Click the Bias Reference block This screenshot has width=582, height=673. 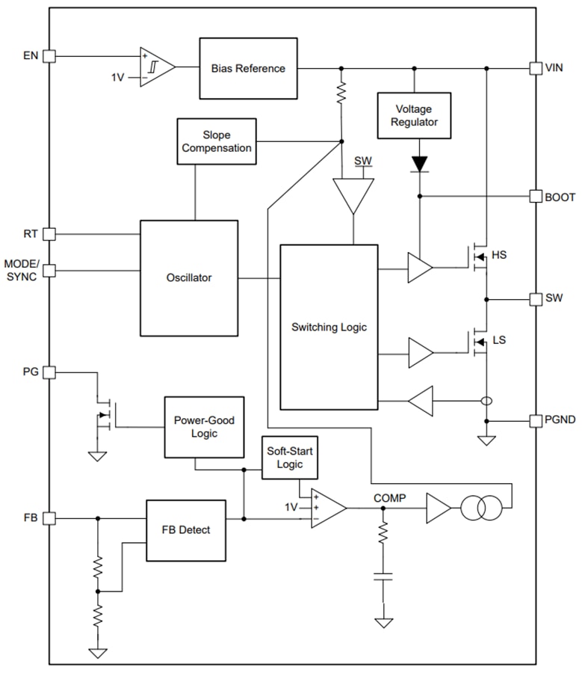(x=247, y=68)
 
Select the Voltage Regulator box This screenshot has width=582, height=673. (x=414, y=115)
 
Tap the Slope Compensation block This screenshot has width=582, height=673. (x=217, y=141)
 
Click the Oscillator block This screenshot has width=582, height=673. (x=189, y=277)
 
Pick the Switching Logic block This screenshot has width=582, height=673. (x=329, y=327)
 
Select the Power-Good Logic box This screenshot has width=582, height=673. (x=204, y=427)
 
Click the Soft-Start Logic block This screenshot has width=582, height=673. (x=290, y=458)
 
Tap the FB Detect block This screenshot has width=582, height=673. (x=185, y=529)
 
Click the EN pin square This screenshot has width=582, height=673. (x=49, y=55)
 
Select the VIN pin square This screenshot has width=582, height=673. (x=535, y=68)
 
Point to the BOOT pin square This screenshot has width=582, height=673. (x=535, y=197)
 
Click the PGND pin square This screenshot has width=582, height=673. (x=535, y=420)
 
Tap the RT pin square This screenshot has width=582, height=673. (x=49, y=234)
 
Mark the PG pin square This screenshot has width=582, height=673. (x=49, y=372)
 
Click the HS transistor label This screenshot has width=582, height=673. (x=498, y=255)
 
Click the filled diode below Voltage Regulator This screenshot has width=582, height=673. (x=420, y=163)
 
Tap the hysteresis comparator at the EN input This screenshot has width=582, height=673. (x=156, y=67)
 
